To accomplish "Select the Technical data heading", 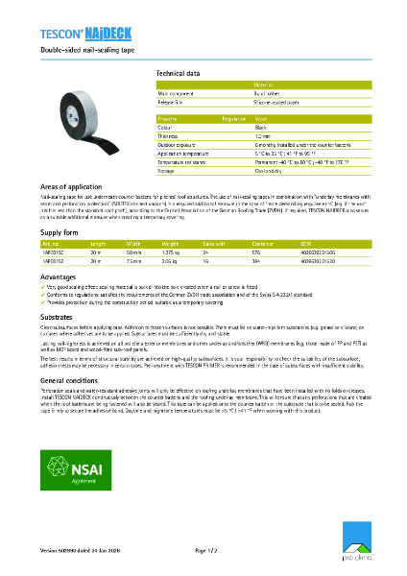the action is [178, 73].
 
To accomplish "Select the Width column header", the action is [133, 244].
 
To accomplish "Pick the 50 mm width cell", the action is [133, 252].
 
